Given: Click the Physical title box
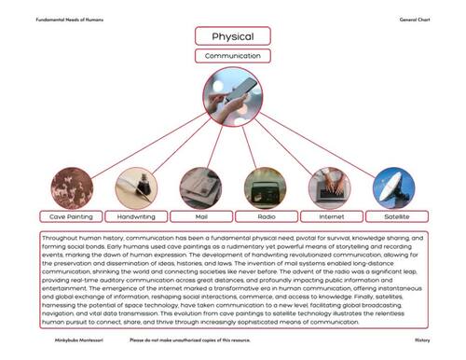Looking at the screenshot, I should pyautogui.click(x=232, y=36).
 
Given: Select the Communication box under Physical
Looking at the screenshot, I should pyautogui.click(x=232, y=56).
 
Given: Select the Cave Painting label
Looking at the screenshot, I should pyautogui.click(x=71, y=216).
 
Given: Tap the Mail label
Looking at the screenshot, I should pyautogui.click(x=200, y=216).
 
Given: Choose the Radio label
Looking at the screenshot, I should pyautogui.click(x=265, y=216).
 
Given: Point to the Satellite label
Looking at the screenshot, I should pyautogui.click(x=394, y=216).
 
